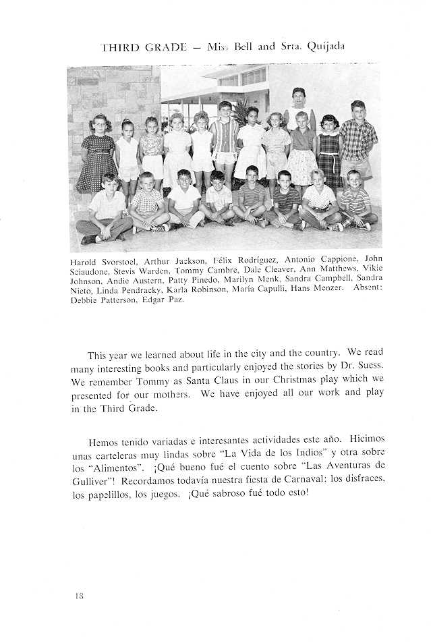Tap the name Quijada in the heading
point(326,47)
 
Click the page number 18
point(80,596)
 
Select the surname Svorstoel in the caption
point(119,260)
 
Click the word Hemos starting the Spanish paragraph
point(103,442)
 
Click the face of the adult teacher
point(298,96)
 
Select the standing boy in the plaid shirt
point(357,142)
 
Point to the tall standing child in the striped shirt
point(225,138)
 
